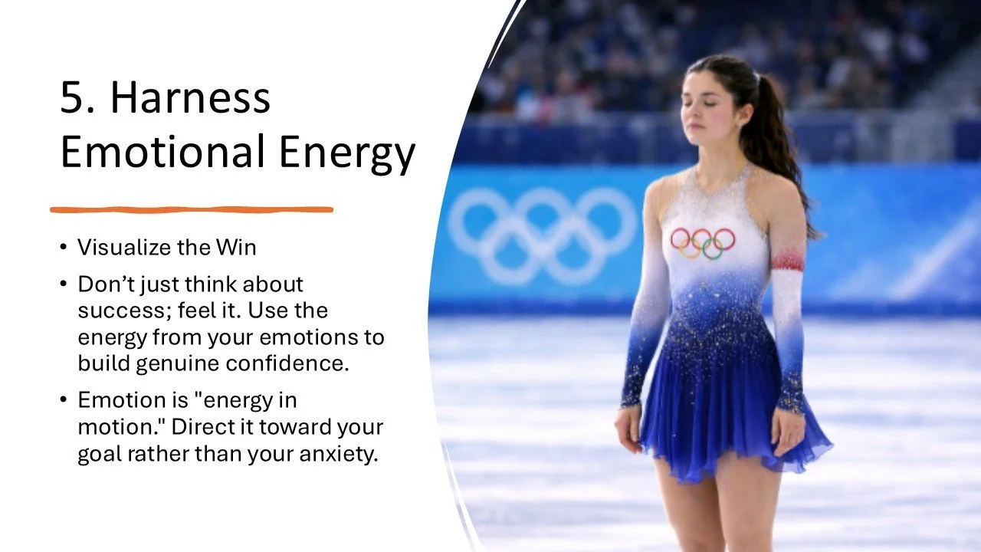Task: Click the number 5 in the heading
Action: pos(73,97)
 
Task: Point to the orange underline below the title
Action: pos(192,209)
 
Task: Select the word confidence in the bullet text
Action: pos(294,363)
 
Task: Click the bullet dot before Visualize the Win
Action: pos(63,248)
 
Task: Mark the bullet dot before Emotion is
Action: pos(63,400)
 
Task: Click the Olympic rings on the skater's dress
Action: pos(703,242)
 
